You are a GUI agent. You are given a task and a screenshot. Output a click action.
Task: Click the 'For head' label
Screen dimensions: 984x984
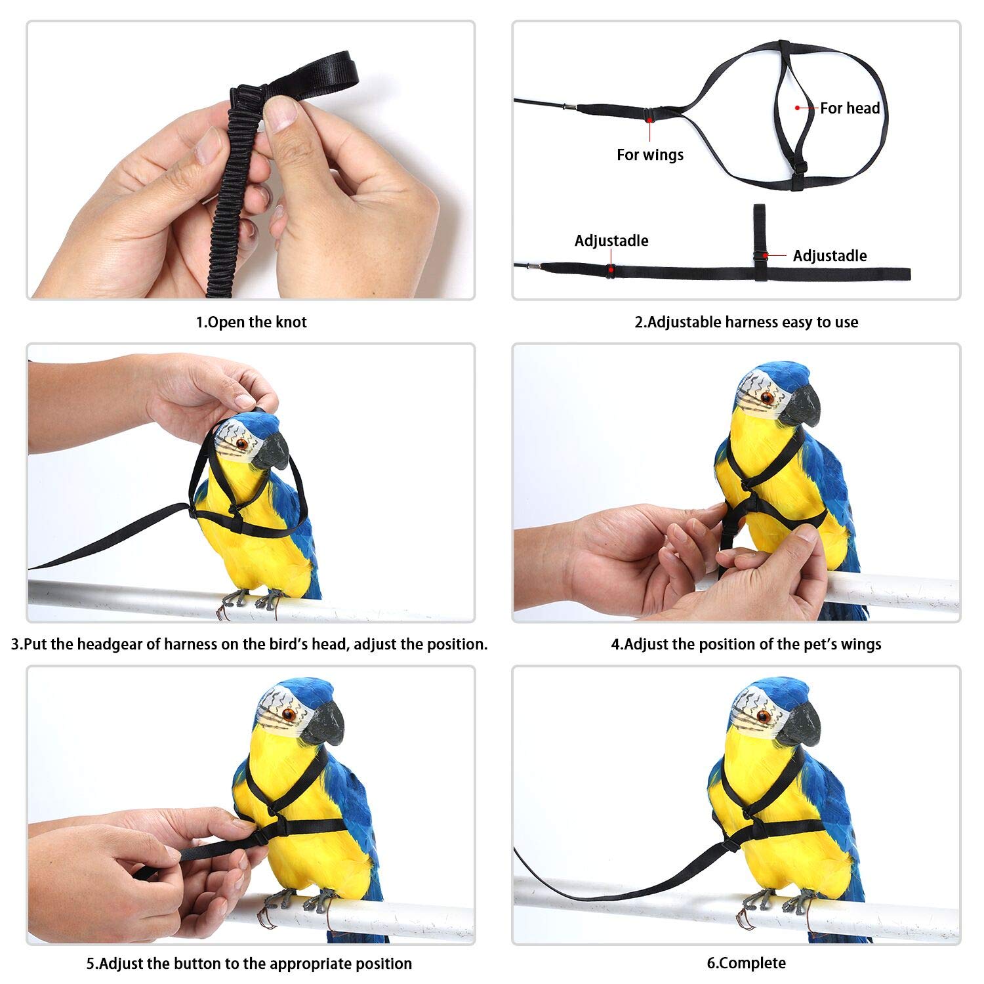[x=850, y=108]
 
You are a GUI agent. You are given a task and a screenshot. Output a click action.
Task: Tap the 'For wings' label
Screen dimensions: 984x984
[x=649, y=155]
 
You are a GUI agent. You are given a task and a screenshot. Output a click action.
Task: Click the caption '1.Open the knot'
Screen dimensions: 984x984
[x=251, y=322]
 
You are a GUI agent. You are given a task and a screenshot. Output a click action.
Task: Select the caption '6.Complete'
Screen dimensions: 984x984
[x=746, y=963]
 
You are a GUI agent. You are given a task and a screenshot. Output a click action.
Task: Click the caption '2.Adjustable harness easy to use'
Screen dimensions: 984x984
[x=746, y=322]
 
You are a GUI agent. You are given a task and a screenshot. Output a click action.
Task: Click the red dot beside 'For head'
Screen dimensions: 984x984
[x=798, y=108]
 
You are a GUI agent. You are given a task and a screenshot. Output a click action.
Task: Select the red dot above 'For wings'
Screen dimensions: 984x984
[x=649, y=119]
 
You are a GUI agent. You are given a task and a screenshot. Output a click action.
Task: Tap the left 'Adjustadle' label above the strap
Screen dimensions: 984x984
[x=611, y=241]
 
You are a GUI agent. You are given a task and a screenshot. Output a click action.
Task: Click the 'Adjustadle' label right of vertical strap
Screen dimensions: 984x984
[x=829, y=256]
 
